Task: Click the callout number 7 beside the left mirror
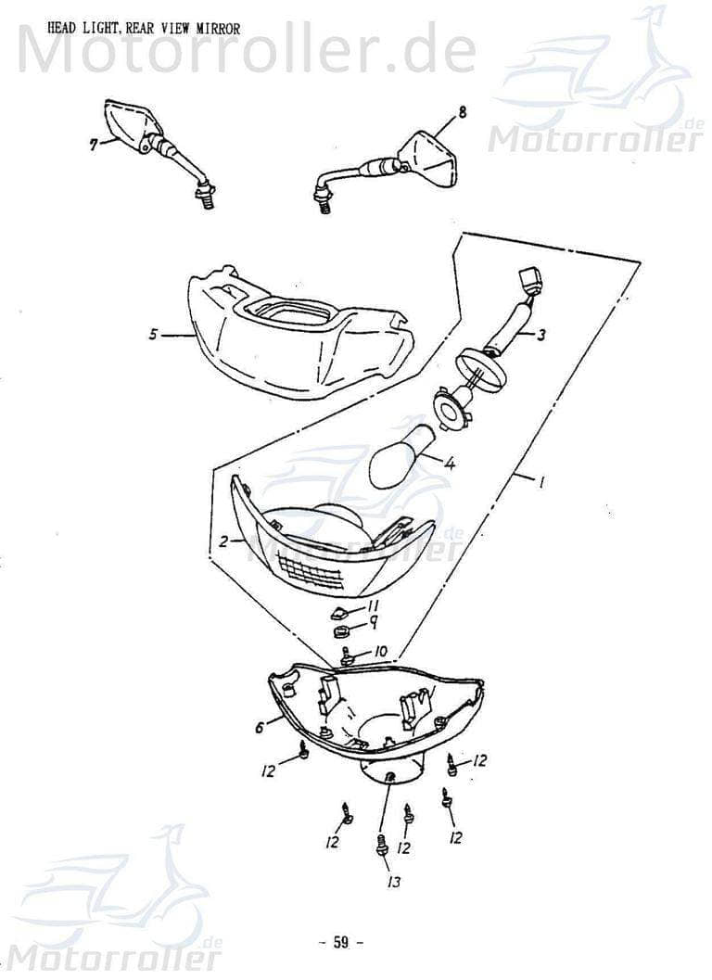94,146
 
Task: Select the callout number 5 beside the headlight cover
153,335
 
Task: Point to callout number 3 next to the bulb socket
540,335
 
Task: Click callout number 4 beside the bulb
449,464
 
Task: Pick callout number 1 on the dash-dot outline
540,481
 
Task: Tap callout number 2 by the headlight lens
223,541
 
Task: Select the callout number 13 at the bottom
394,882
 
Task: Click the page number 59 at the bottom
340,942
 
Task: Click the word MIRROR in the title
218,28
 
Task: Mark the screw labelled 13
379,843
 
